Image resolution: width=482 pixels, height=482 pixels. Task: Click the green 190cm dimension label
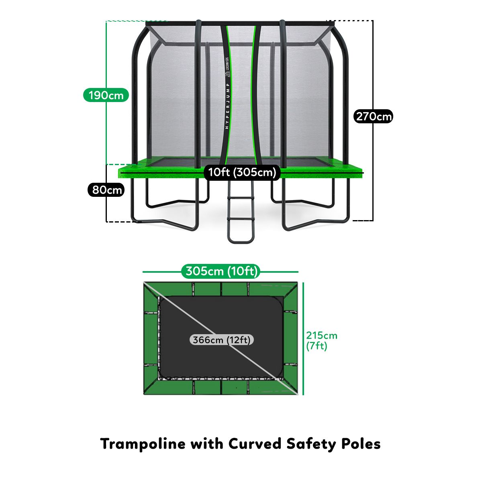[x=106, y=95]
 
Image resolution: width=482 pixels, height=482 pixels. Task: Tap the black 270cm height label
[x=374, y=116]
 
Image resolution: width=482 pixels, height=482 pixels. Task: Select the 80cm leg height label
[x=106, y=190]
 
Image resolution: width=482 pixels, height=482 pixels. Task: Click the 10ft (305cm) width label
[x=242, y=172]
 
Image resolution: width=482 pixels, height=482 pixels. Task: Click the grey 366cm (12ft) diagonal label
[x=222, y=340]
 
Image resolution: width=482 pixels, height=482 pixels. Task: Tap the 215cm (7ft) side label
[x=321, y=340]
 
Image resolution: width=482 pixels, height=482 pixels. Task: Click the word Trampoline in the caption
[x=143, y=444]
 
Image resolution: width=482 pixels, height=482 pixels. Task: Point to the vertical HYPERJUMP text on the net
[x=227, y=106]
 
